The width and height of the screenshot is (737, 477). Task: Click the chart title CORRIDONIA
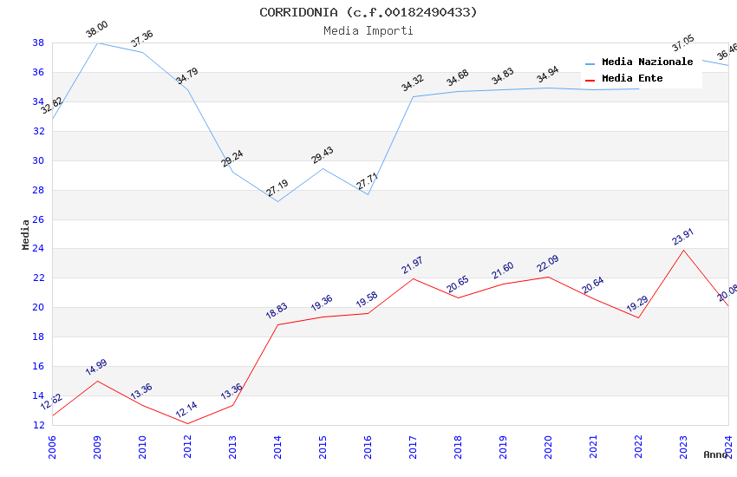point(368,12)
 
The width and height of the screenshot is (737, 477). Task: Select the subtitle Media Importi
point(368,30)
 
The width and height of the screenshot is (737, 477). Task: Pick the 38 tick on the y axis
point(38,42)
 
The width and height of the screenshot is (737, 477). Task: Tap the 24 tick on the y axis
point(38,249)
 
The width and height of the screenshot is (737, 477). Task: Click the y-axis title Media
point(26,234)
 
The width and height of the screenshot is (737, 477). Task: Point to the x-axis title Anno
point(715,454)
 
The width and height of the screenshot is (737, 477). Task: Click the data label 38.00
point(96,30)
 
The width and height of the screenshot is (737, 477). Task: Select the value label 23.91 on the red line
point(683,237)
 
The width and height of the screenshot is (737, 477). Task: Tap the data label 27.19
point(278,188)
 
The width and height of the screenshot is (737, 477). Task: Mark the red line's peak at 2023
point(683,250)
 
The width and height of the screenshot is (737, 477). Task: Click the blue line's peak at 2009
point(97,42)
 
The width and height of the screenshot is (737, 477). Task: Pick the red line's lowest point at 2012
point(187,423)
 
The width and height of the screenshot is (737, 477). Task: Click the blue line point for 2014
point(277,201)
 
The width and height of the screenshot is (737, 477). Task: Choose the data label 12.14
point(187,410)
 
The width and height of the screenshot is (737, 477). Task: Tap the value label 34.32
point(413,83)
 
